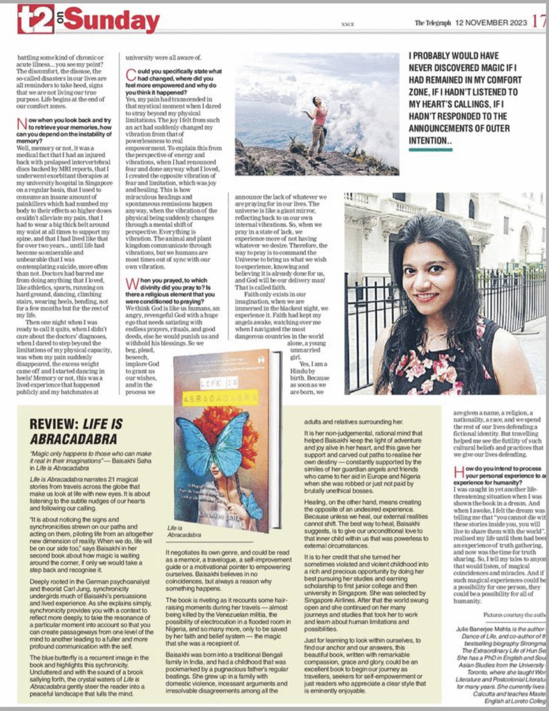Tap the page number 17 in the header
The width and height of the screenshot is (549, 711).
[539, 22]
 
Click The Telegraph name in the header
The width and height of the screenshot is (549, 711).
[432, 23]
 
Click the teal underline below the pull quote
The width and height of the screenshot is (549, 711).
[430, 150]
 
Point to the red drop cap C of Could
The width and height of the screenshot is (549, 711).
[130, 75]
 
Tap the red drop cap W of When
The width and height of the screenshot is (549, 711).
[132, 284]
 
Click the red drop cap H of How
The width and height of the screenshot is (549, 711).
[458, 472]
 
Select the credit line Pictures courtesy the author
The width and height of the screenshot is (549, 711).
[514, 615]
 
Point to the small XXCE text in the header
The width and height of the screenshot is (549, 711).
[348, 24]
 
